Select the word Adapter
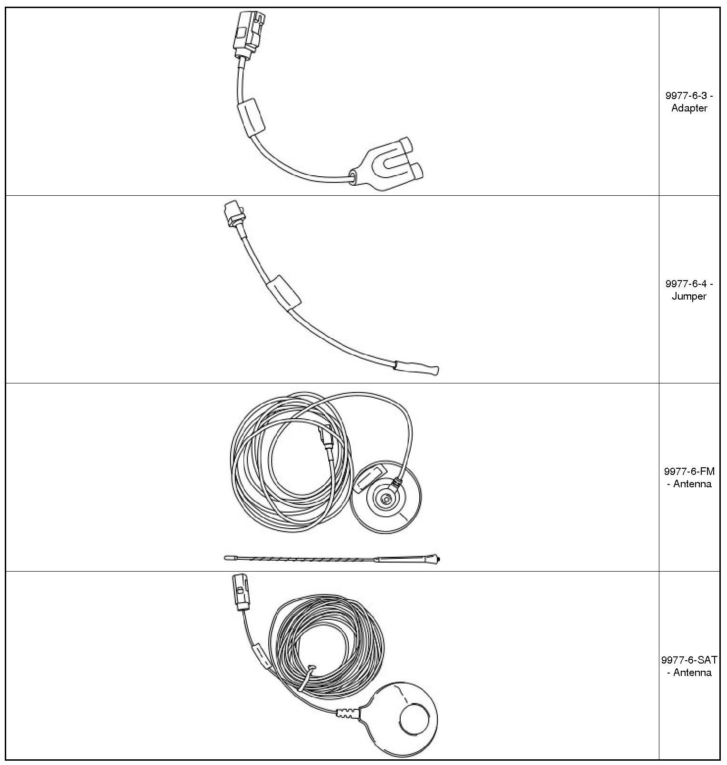tap(689, 108)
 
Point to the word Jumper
tap(689, 296)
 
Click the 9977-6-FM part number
tap(689, 472)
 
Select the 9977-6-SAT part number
tap(689, 660)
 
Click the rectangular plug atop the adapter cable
tap(248, 33)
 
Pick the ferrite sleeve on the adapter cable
tap(251, 117)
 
